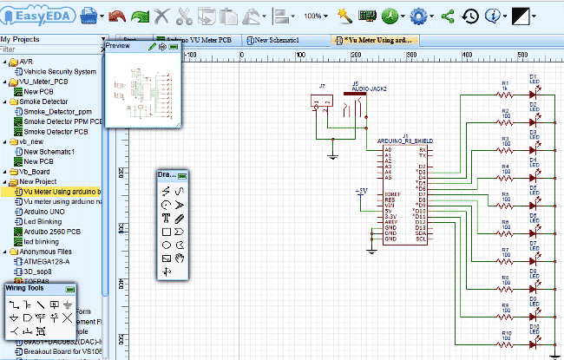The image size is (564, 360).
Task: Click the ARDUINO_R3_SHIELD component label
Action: (400, 141)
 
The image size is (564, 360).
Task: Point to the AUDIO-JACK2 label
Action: (369, 89)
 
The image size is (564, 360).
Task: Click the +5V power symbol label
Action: (361, 189)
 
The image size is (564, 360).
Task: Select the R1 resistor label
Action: (504, 83)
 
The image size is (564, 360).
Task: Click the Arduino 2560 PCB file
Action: (52, 232)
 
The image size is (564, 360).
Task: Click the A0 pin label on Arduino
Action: (388, 149)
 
